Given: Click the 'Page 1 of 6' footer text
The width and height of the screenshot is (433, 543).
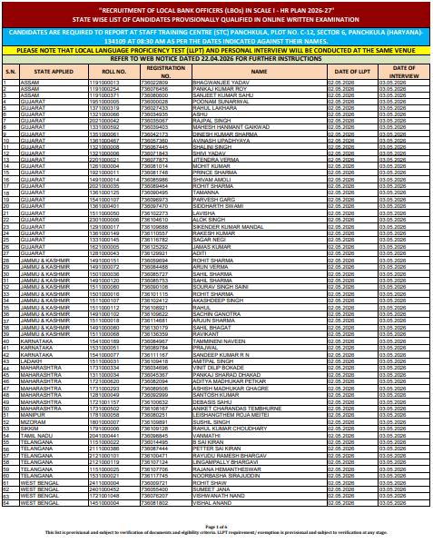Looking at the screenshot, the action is [x=217, y=527].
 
